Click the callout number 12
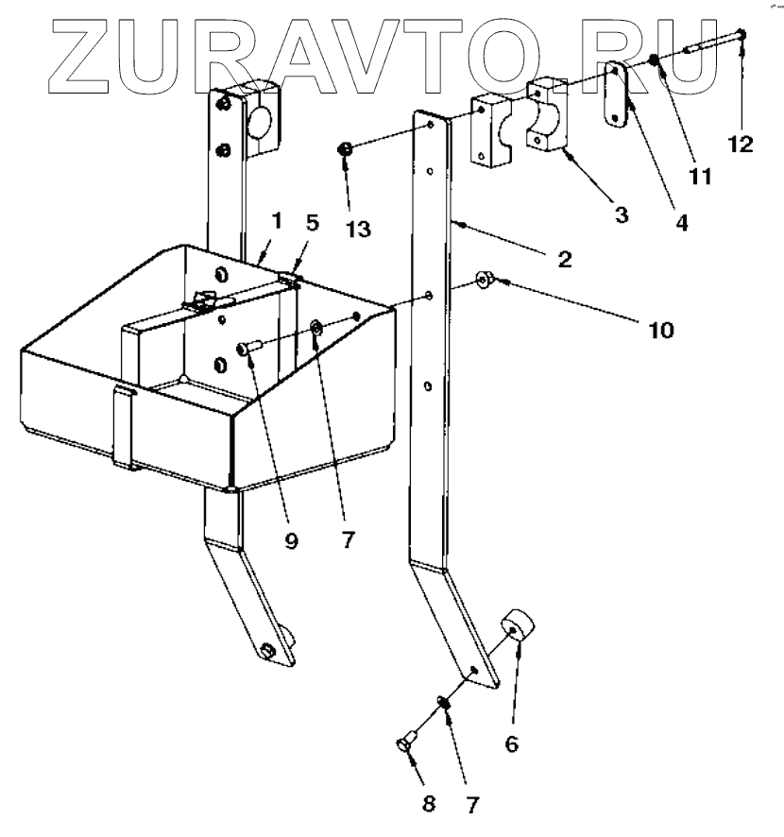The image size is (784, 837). coord(741,145)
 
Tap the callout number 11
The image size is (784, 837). coord(699,176)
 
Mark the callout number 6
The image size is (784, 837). coord(511,743)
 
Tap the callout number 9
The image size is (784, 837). coord(292,541)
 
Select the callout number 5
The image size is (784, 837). coord(312,223)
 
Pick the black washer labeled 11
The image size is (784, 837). coord(653,63)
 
